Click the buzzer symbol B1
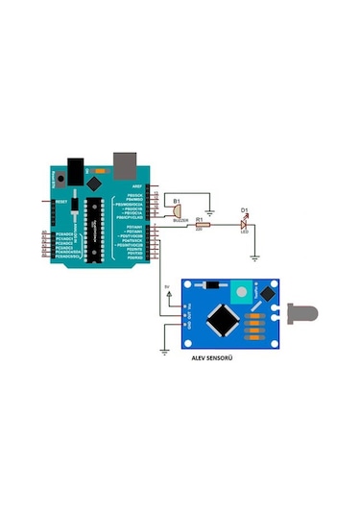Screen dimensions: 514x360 point(178,210)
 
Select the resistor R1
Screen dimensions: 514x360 point(202,224)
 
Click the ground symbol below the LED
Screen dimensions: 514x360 point(254,257)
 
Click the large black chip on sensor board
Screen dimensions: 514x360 point(226,320)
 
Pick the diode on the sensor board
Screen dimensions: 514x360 point(212,285)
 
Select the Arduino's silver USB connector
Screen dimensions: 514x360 point(125,161)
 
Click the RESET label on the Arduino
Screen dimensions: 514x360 point(60,202)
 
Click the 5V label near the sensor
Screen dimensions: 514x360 point(166,286)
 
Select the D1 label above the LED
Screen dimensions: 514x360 point(244,209)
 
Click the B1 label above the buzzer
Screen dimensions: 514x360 point(176,198)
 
